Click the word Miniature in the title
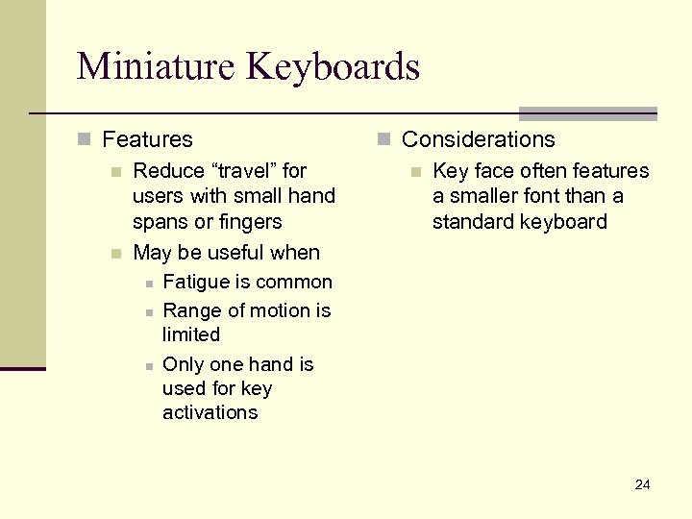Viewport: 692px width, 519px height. (157, 66)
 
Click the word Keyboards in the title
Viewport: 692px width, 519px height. (334, 66)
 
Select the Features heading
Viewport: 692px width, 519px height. (147, 139)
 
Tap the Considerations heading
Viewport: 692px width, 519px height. (478, 139)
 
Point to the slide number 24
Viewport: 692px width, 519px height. (642, 484)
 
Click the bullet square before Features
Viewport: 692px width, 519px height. (84, 140)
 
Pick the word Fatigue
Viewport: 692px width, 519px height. (196, 283)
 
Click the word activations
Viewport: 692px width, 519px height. (210, 412)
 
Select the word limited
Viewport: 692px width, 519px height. (191, 334)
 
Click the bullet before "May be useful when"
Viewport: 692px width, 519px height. (115, 254)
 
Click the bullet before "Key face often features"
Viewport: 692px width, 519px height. (415, 172)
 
